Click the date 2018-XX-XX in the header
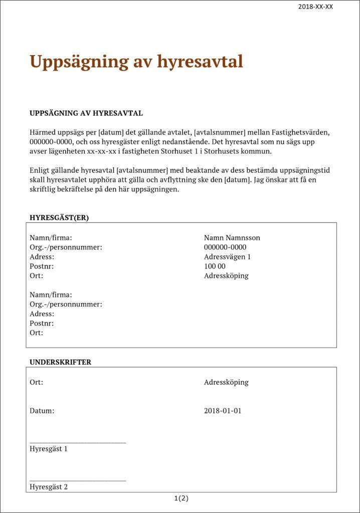[315, 7]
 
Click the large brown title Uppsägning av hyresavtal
[136, 62]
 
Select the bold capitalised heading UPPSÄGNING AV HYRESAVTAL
[86, 113]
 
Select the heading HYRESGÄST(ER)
[59, 217]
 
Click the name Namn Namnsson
[232, 238]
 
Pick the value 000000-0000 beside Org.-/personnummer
[225, 247]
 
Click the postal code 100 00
[215, 266]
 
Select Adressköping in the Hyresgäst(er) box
[226, 276]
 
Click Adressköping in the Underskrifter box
[226, 382]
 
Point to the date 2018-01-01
[223, 411]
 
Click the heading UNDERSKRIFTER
[61, 362]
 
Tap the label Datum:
[42, 411]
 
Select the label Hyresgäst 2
[49, 486]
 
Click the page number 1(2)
[182, 498]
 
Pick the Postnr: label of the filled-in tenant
[42, 266]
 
